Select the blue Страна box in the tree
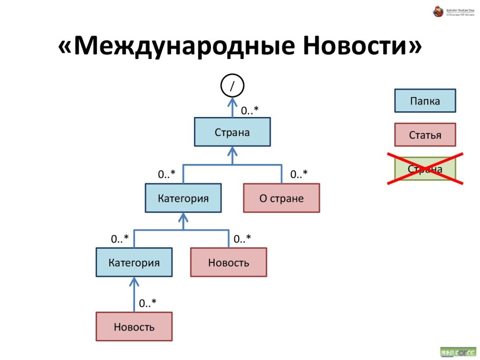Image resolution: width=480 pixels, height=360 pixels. tap(232, 132)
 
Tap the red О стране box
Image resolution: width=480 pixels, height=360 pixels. tap(281, 198)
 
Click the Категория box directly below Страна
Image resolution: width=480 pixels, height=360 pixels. tap(183, 198)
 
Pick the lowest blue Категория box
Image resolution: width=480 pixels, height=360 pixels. tap(134, 262)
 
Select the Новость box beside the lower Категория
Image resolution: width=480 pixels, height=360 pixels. tap(228, 262)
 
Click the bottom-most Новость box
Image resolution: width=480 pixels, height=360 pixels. tap(134, 326)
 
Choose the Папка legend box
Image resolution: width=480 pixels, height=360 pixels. tap(425, 101)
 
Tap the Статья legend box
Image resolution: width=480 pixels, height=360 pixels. tap(425, 134)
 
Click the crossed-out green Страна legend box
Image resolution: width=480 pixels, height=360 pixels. tap(425, 169)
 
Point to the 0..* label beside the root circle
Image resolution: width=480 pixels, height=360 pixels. tap(250, 111)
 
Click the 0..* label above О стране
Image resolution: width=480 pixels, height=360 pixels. tap(299, 174)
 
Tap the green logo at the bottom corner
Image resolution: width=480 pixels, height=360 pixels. tap(457, 352)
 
